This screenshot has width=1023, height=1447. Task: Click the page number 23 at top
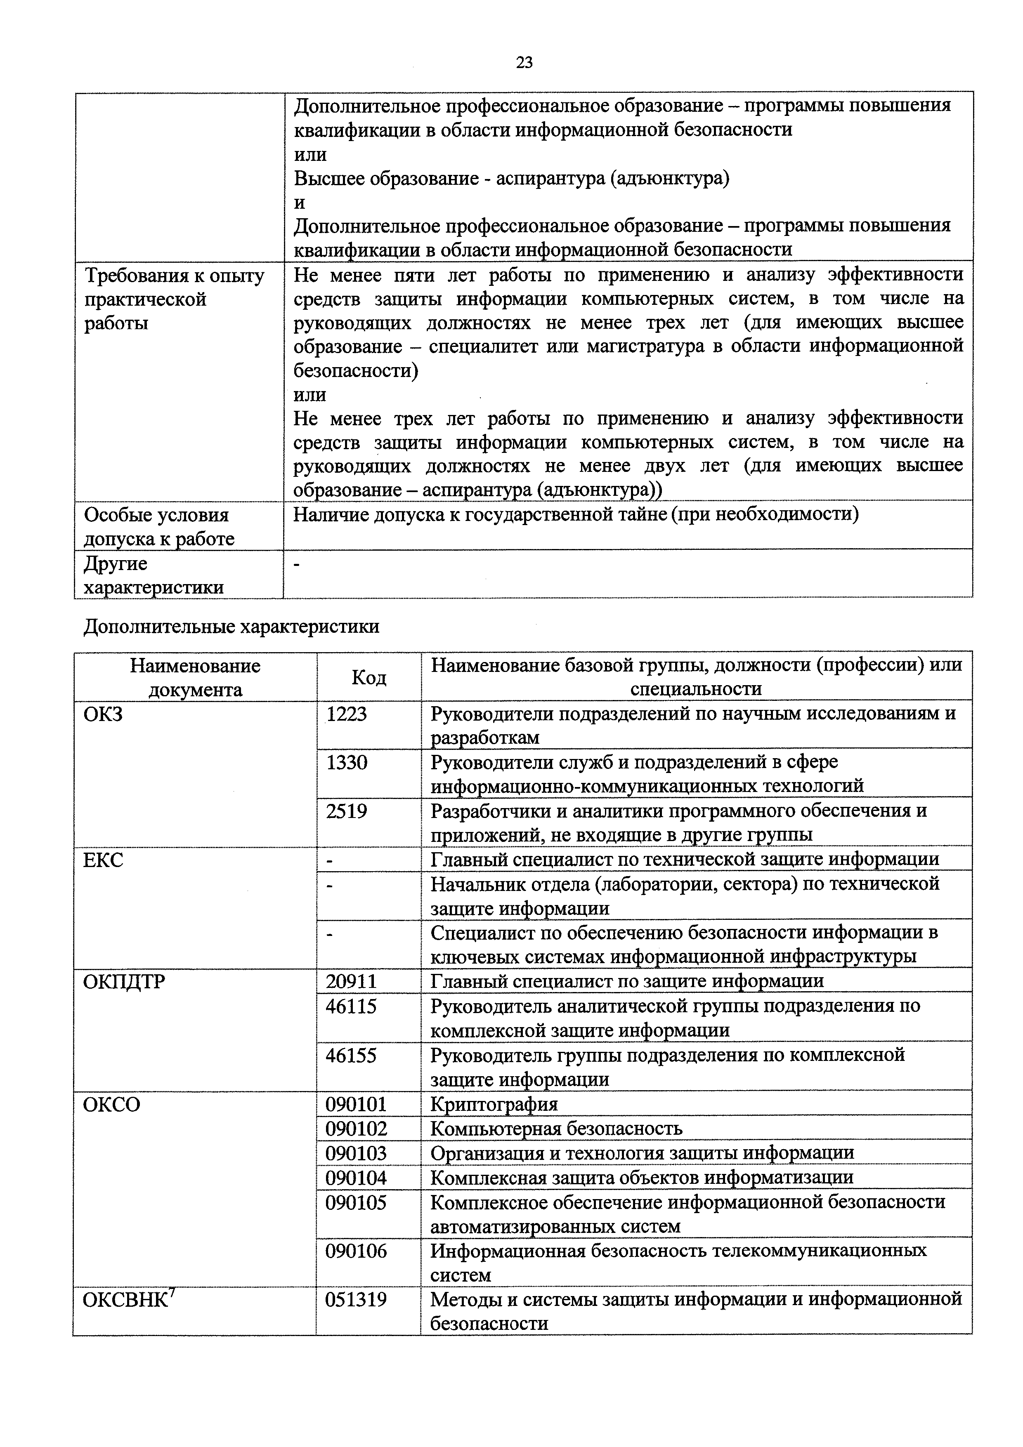point(524,62)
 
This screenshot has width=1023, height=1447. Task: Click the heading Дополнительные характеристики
point(232,627)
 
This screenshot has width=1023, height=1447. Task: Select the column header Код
point(369,677)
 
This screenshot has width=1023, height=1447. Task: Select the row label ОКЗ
point(103,715)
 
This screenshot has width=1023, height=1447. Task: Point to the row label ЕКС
point(103,860)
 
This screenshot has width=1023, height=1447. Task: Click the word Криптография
point(494,1104)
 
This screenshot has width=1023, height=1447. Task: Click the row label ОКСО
point(111,1105)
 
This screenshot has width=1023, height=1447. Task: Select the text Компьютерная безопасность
point(556,1129)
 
